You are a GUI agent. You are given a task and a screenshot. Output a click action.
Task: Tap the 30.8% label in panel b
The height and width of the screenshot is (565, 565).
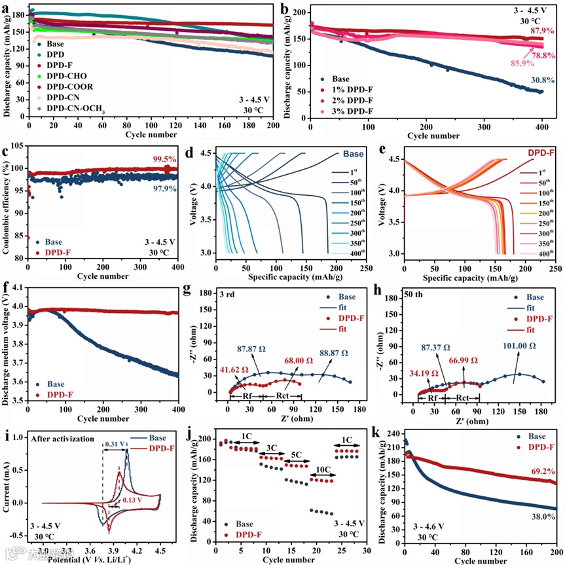pos(543,80)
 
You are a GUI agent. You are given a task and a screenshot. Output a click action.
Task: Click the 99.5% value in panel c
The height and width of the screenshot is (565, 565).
pos(165,159)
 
